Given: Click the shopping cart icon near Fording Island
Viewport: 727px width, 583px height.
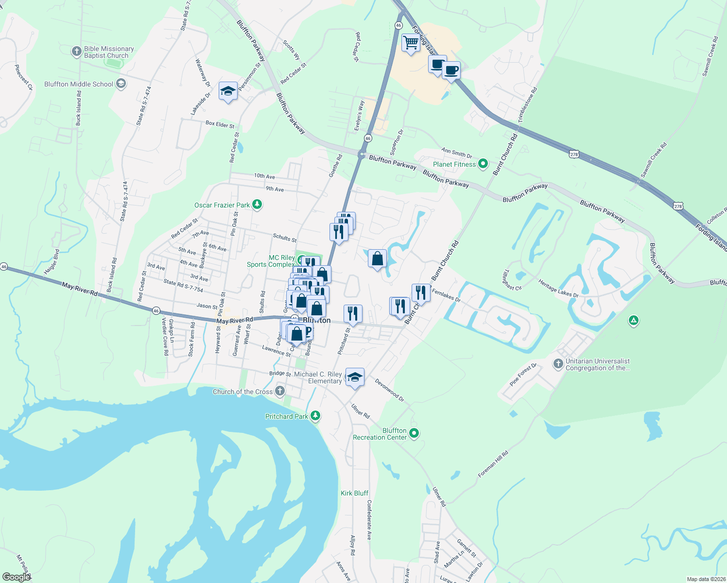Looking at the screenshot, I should [411, 43].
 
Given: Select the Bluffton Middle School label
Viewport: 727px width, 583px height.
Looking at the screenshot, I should [79, 84].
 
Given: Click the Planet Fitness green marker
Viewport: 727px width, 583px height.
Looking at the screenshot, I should [483, 164].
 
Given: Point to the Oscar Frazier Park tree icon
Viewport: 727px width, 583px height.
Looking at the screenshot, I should [257, 205].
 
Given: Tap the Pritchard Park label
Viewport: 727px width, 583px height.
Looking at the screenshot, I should [287, 416].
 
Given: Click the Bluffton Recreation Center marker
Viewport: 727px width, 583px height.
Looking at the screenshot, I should [414, 433].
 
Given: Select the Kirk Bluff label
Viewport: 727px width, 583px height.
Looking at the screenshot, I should [354, 493].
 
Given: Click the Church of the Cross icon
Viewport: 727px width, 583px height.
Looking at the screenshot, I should [280, 391].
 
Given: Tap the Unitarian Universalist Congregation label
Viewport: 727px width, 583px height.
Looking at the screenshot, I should [597, 364].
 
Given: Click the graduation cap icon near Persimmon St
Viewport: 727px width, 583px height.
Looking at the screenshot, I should [228, 91].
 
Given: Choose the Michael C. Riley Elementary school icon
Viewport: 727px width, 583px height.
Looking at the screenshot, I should [355, 377].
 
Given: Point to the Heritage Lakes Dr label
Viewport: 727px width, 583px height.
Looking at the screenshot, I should [558, 289].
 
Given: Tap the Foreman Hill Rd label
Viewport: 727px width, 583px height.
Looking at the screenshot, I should [493, 464].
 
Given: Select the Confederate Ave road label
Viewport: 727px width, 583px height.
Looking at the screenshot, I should [369, 520].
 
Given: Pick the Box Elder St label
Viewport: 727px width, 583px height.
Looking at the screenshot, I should [220, 124].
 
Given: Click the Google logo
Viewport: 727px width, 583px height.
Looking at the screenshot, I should [16, 577].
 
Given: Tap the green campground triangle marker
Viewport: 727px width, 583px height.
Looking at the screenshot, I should [633, 320].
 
